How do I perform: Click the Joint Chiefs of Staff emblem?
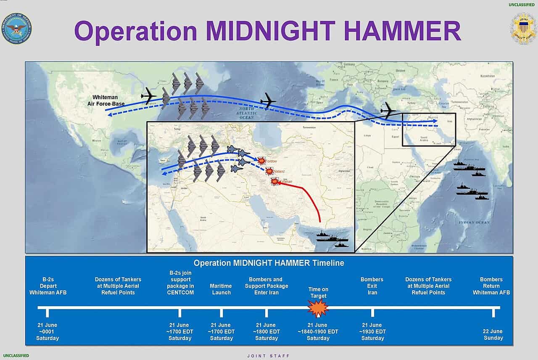tap(522, 28)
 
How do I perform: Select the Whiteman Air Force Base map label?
tap(106, 100)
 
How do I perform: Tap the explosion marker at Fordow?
tap(262, 161)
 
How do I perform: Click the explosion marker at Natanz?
tap(269, 171)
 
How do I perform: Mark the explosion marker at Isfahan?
tap(275, 182)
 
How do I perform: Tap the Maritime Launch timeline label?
tap(221, 289)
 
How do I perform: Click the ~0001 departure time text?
tap(47, 331)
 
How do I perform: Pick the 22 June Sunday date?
tap(493, 334)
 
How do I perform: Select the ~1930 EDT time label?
tap(372, 331)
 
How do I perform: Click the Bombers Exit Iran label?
tap(372, 286)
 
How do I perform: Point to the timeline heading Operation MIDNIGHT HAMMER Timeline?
tap(269, 263)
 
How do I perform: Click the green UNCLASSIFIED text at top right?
tap(521, 5)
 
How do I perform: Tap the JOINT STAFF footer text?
tap(269, 356)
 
